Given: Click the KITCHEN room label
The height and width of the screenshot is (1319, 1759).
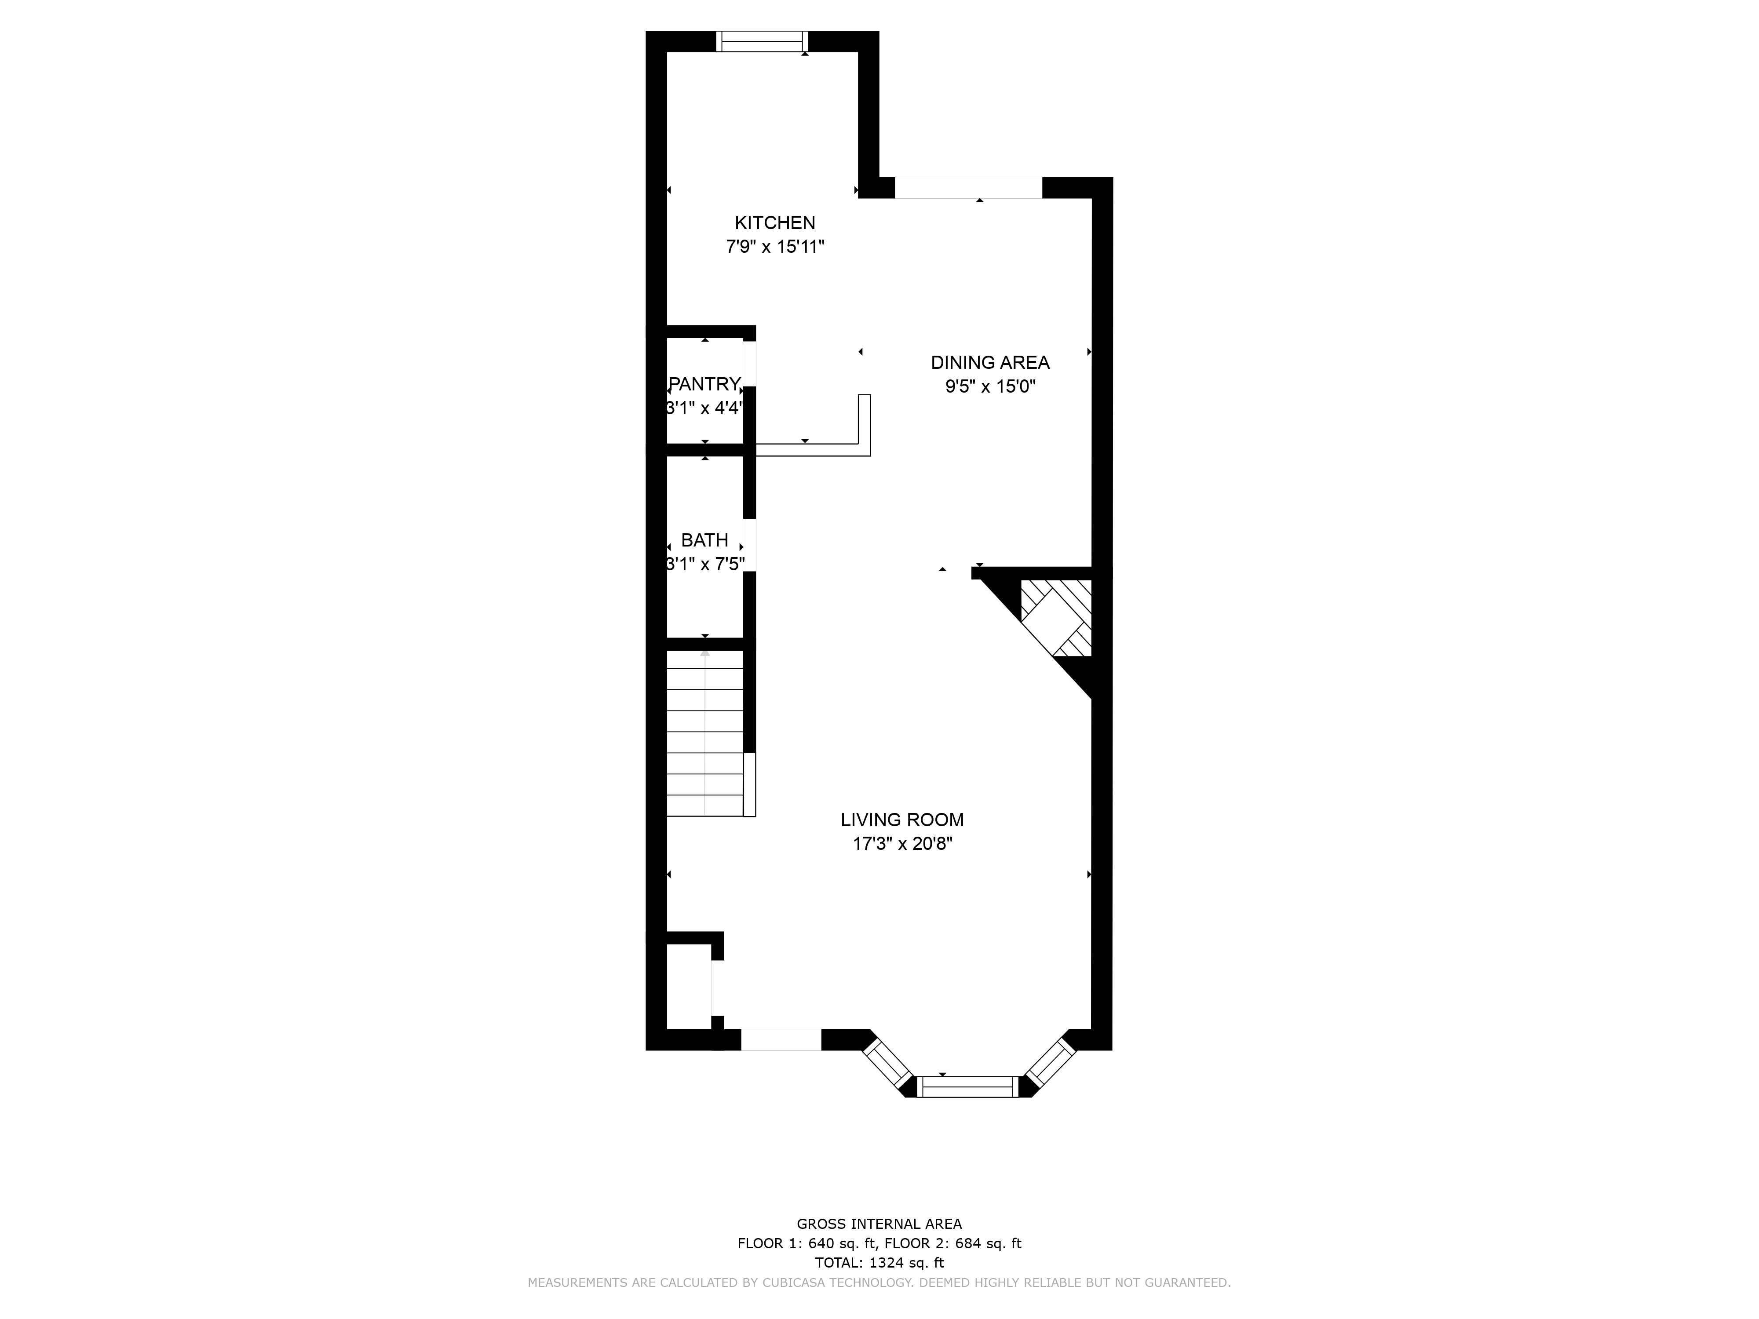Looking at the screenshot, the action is pos(774,222).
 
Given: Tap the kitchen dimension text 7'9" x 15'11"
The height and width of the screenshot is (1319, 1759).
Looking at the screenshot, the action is pos(774,247).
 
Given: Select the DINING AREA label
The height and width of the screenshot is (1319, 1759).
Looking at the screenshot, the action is pos(990,363).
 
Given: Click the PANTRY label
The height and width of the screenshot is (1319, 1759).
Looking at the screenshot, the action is pos(704,384).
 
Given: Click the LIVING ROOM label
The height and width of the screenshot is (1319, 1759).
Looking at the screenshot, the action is pos(902,820).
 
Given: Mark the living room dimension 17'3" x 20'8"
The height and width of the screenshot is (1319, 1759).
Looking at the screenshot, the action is pos(902,844).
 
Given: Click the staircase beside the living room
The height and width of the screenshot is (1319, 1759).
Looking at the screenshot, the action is pos(705,733).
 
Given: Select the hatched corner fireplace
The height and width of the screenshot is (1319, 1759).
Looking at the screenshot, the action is pos(1056,619).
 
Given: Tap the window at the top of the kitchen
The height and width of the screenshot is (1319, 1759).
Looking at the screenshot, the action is pos(762,41).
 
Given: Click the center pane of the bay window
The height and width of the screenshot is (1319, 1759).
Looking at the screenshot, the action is pos(969,1087).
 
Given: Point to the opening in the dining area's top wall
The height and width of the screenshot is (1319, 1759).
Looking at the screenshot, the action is pos(969,188).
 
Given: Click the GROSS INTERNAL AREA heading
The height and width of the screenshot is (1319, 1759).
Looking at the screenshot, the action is pos(879,1224).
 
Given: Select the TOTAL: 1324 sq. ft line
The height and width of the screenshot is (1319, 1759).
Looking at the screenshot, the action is pos(879,1263).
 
